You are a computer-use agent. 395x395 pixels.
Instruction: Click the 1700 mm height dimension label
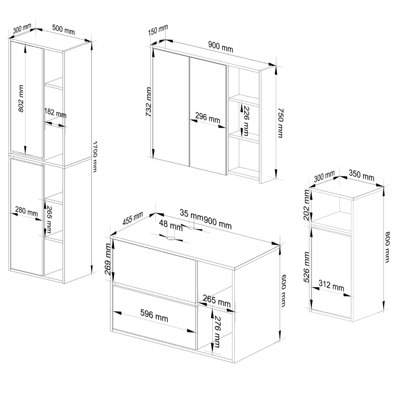[95, 157]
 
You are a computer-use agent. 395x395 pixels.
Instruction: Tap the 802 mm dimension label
[21, 98]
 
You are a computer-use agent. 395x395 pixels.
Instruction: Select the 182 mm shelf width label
[55, 113]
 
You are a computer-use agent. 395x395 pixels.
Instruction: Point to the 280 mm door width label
[26, 211]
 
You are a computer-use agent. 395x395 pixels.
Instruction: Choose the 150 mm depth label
[158, 30]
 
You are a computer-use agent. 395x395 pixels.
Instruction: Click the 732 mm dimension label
[149, 102]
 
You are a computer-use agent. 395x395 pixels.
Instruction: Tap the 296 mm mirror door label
[208, 118]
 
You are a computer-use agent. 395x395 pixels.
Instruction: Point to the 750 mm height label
[280, 123]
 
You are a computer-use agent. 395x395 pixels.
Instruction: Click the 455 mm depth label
[133, 218]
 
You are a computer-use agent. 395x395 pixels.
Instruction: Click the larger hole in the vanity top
[171, 238]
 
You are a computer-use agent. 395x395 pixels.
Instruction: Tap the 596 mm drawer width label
[154, 316]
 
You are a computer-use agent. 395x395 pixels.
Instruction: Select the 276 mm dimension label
[217, 331]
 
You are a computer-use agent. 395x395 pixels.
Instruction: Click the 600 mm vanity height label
[283, 290]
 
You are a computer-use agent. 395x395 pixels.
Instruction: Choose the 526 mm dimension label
[306, 267]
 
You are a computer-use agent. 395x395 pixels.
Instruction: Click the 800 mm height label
[387, 247]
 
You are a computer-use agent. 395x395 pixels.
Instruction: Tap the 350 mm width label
[361, 175]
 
